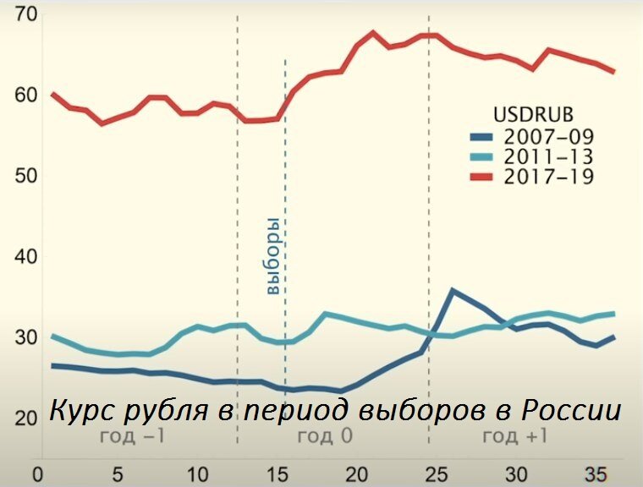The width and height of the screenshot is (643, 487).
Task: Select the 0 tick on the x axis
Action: tap(36, 474)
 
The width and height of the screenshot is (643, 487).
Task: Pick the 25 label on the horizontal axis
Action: tap(437, 474)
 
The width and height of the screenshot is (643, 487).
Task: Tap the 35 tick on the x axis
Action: tap(598, 474)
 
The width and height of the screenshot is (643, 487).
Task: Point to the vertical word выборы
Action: tap(272, 255)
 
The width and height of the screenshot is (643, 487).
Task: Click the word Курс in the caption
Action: tap(83, 412)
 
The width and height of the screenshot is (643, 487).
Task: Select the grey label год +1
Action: tap(514, 435)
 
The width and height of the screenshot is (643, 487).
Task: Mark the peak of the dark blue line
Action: tap(453, 290)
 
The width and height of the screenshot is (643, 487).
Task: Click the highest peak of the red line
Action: tap(373, 33)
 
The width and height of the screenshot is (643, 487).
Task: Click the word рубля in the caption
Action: tap(165, 412)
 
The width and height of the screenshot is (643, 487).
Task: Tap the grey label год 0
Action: tap(325, 435)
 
